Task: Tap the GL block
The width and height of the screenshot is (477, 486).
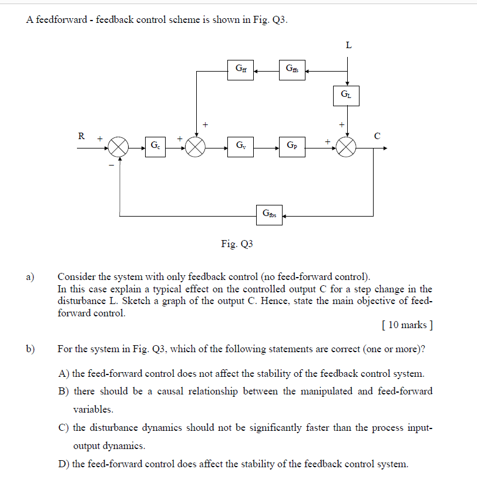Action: point(346,95)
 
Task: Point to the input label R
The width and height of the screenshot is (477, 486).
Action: point(81,136)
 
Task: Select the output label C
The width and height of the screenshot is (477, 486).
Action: point(377,136)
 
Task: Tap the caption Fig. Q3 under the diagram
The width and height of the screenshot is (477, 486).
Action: point(237,244)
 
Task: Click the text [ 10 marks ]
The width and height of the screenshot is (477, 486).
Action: point(407,325)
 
